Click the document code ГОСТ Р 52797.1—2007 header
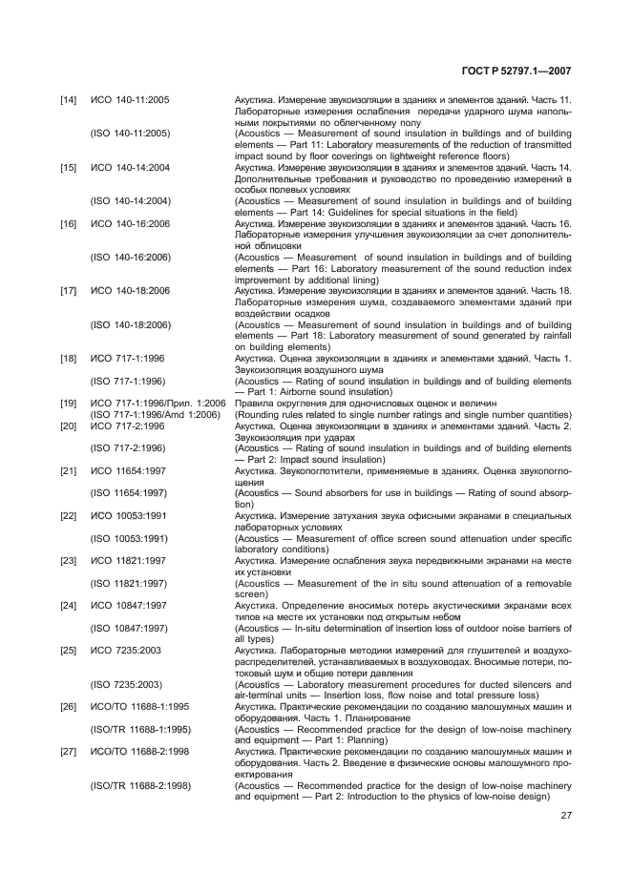(516, 71)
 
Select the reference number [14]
(69, 100)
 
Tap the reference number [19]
(69, 403)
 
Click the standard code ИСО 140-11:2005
(130, 100)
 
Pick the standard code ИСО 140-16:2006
(130, 223)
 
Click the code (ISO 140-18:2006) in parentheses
(131, 324)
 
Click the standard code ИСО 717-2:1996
(127, 426)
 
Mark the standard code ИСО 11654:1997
(128, 470)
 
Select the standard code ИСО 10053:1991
(128, 515)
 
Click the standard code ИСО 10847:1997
(128, 605)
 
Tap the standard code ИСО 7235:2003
(125, 650)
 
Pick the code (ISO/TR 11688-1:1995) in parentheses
(139, 728)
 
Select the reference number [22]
(69, 515)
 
